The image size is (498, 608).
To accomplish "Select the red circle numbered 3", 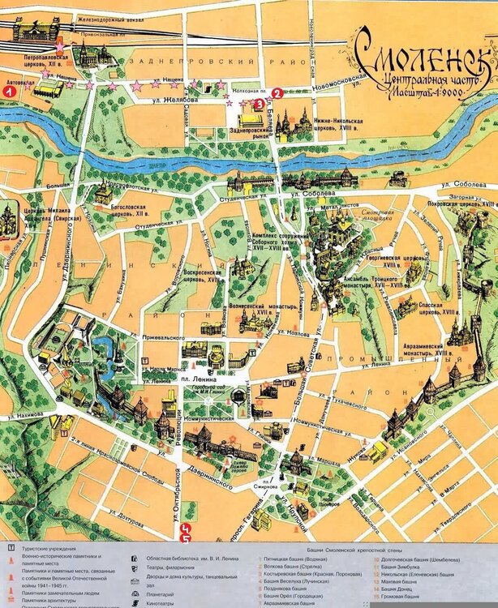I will pos(258,104).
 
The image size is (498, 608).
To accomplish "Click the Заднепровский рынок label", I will pos(249,133).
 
